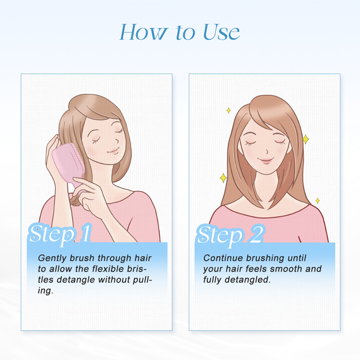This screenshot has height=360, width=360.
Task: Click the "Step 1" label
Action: click(x=60, y=233)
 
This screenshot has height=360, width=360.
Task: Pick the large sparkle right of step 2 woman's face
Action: click(x=305, y=140)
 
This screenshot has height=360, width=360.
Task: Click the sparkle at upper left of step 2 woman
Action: click(x=228, y=110)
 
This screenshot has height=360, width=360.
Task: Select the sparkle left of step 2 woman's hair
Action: click(x=222, y=178)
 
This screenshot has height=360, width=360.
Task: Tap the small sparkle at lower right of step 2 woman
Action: click(x=317, y=201)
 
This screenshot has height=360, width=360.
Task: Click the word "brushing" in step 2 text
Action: click(x=267, y=258)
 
